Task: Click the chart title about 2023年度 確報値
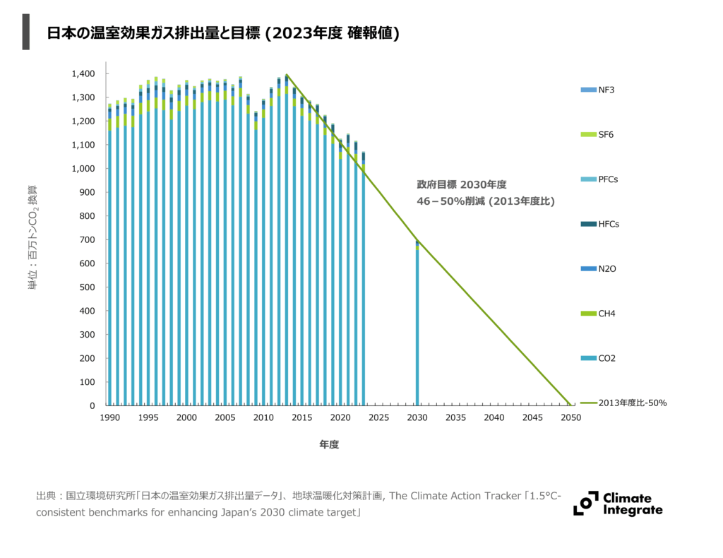(223, 33)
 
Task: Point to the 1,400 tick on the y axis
(83, 73)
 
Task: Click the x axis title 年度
(329, 445)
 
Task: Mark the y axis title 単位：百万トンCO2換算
(32, 238)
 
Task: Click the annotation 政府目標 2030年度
(462, 185)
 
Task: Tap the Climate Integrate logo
(619, 503)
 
